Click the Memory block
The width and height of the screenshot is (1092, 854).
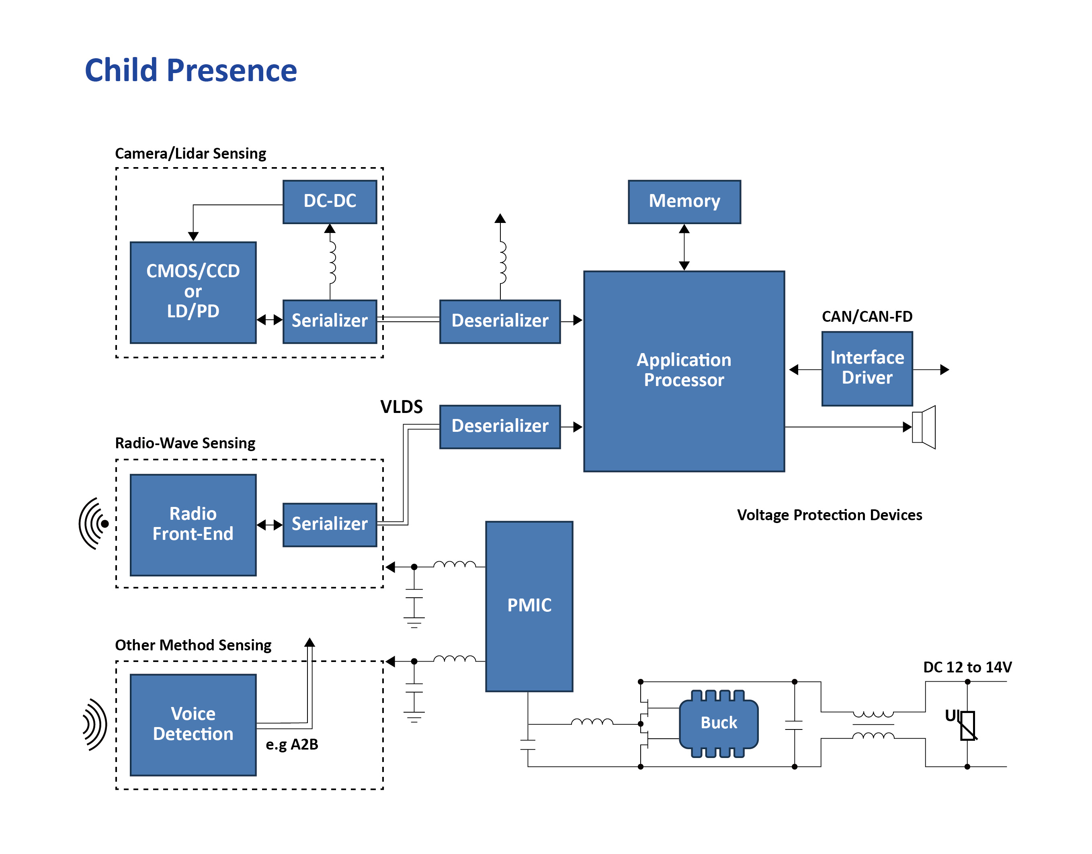coord(684,202)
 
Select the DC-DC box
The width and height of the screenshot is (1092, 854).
coord(330,202)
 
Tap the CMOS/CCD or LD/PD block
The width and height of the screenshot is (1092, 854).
coord(193,292)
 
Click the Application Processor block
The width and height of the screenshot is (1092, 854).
coord(684,370)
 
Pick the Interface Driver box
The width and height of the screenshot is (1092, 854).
coord(867,368)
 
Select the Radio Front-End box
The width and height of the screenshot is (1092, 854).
coord(193,525)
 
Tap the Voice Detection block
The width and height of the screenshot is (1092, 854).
coord(193,725)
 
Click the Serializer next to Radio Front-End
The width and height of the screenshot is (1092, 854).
coord(330,525)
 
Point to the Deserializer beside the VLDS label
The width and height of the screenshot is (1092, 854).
coord(500,427)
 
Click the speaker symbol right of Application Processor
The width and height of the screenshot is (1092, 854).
coord(924,427)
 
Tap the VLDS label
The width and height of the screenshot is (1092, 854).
coord(401,407)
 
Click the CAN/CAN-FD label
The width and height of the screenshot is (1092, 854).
coord(867,317)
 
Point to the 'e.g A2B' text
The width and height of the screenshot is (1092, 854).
coord(292,744)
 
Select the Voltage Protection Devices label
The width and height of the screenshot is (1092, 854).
coord(829,515)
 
